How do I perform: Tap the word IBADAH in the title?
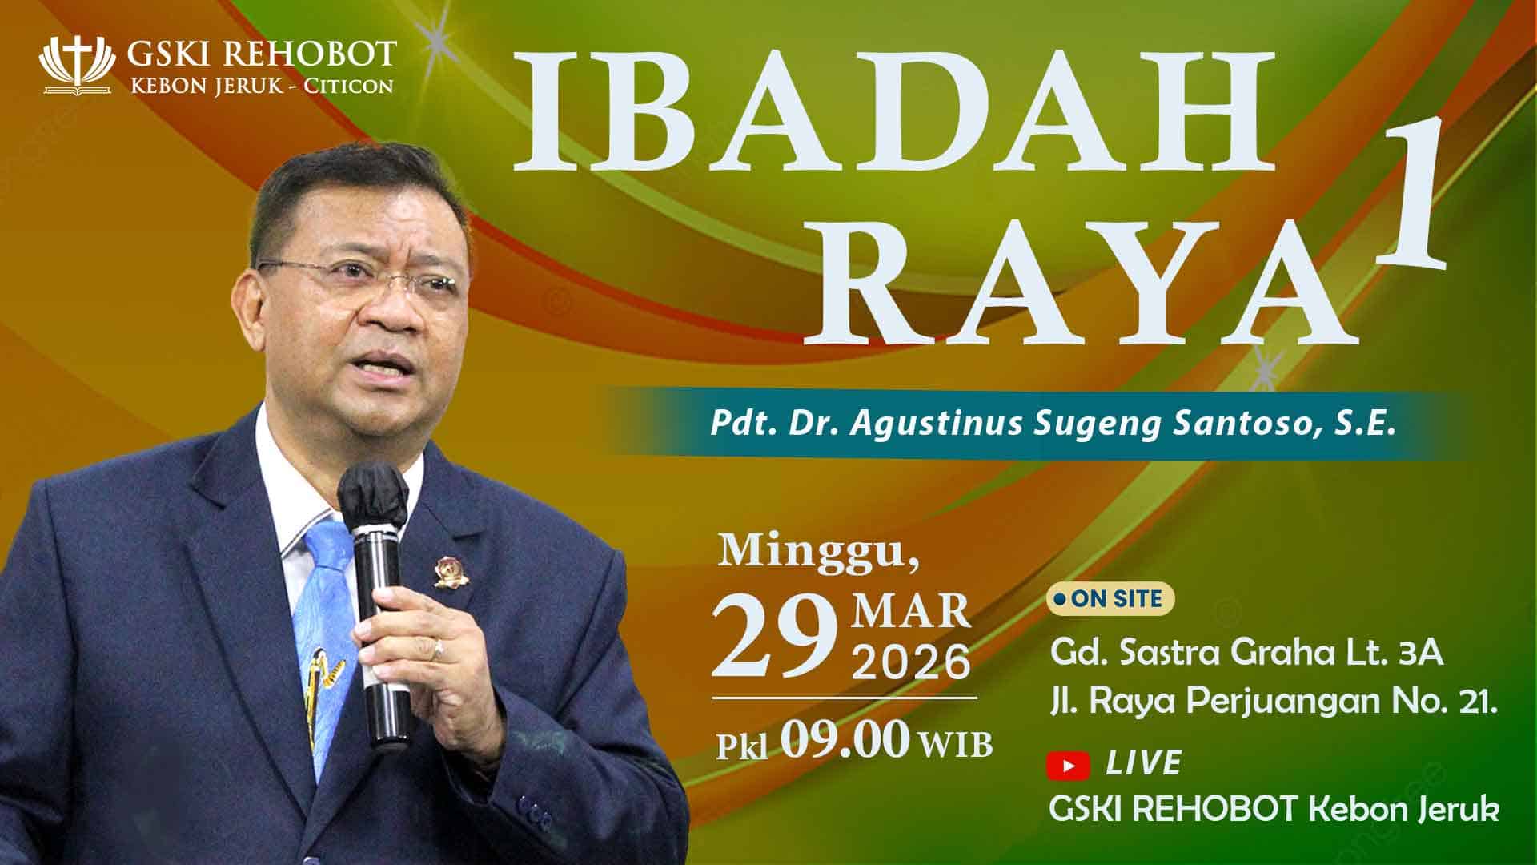[x=893, y=111]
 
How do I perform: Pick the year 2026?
[x=911, y=664]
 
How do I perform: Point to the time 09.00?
[x=847, y=741]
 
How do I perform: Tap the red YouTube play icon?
[x=1068, y=766]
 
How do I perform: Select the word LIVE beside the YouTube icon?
[x=1143, y=764]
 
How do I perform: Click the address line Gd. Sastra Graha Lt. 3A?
[x=1247, y=654]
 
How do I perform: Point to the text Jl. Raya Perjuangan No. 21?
[x=1273, y=703]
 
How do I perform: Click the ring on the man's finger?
[x=437, y=649]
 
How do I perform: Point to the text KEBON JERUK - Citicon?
[x=262, y=86]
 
